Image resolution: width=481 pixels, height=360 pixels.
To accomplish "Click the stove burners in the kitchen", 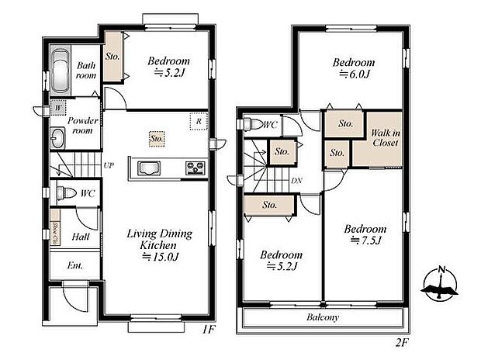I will coord(194,168).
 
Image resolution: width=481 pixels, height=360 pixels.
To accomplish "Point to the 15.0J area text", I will coord(160,257).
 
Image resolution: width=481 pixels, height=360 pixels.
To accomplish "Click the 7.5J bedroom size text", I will coord(365,241).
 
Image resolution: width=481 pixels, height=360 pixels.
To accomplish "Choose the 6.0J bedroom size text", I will coord(354,74).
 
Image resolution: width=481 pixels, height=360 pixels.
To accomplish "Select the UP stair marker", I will coord(109,165).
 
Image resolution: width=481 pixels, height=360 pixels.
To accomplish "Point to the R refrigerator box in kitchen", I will coord(199,121).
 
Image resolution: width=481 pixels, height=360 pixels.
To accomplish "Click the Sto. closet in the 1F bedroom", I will coord(113,56).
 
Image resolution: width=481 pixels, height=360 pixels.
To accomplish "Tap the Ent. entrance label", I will coord(74,266).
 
